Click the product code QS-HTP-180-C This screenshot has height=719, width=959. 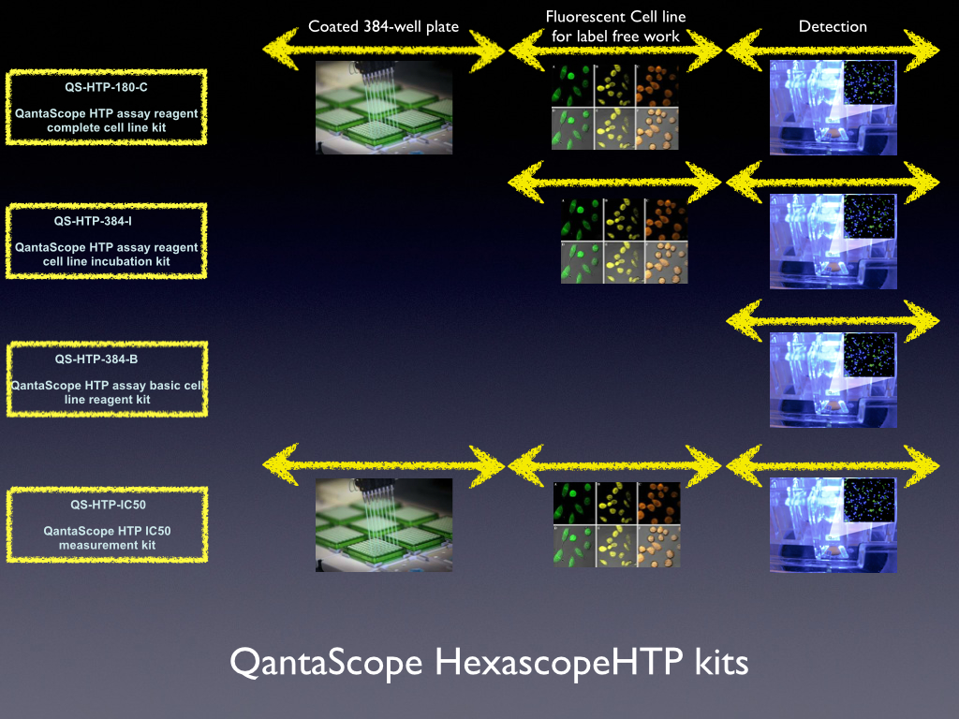(107, 87)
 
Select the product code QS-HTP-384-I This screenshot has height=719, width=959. (93, 221)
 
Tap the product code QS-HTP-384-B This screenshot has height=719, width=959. (96, 359)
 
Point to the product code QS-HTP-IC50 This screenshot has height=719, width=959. (109, 505)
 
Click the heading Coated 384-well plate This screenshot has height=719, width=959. (383, 27)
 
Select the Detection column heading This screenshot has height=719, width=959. (833, 26)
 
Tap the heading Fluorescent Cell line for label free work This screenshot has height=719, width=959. (616, 26)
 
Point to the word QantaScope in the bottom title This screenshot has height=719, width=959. (326, 663)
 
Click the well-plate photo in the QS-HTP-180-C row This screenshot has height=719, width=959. (384, 107)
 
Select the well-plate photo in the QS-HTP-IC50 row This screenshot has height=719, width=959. (384, 525)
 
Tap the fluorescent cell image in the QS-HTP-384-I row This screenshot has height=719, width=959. (625, 241)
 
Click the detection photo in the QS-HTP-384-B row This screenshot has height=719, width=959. (833, 380)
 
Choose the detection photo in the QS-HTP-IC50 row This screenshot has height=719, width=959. (833, 525)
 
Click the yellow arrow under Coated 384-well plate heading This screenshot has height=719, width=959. (384, 50)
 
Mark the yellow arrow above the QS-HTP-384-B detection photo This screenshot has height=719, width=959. (833, 320)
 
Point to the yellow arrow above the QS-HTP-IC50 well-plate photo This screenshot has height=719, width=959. (384, 465)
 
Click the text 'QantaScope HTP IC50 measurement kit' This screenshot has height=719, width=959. (107, 538)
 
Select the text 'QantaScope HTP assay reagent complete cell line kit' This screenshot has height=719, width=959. (107, 121)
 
